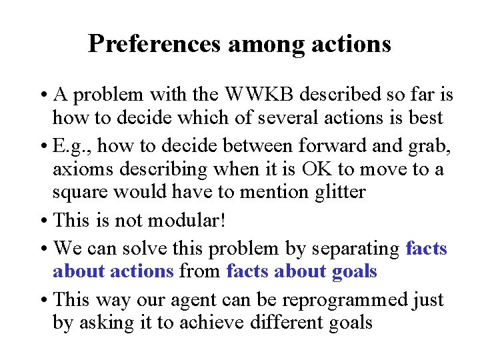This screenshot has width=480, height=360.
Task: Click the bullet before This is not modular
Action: point(43,221)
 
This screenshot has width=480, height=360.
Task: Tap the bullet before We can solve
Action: point(43,249)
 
